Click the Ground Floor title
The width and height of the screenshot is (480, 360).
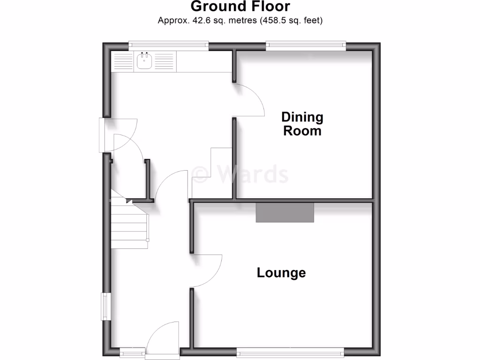tap(240, 7)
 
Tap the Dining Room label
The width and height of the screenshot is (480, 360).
tap(302, 124)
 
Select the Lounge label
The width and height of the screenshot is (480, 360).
tap(281, 272)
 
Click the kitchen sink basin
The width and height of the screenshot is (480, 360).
tap(144, 62)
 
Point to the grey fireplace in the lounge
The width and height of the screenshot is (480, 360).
tap(285, 212)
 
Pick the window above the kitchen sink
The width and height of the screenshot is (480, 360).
tap(169, 45)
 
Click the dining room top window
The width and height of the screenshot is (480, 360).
tap(306, 45)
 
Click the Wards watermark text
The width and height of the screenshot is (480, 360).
tap(241, 174)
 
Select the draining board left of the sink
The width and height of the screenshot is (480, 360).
tap(123, 62)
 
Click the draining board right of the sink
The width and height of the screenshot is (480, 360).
tap(164, 62)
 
